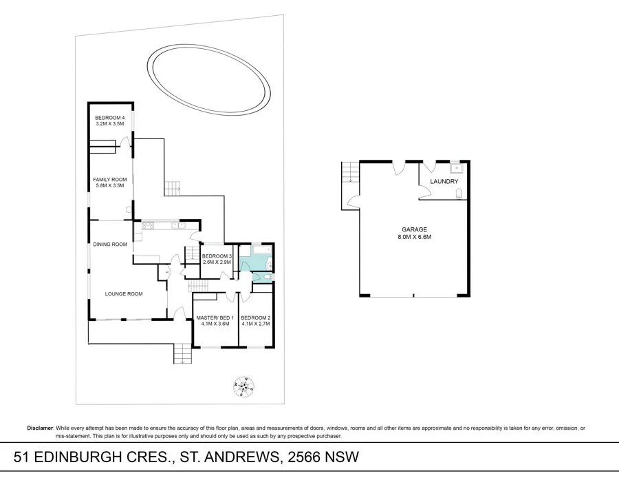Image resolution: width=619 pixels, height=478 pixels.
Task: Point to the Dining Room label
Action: [x=111, y=244]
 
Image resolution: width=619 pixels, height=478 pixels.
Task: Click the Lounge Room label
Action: [x=123, y=294]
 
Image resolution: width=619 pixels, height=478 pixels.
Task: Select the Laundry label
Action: [x=444, y=182]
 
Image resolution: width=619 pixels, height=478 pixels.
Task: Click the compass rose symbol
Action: [x=242, y=388]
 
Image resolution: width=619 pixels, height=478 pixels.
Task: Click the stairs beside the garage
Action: [x=350, y=172]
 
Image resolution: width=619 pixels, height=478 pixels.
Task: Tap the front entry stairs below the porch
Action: [x=182, y=354]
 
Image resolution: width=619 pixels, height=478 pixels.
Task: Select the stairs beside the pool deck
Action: [x=172, y=186]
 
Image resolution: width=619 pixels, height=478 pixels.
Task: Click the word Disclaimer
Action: [x=40, y=428]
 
